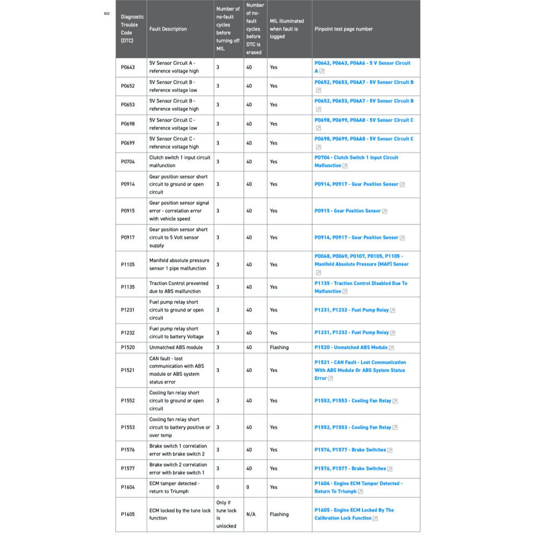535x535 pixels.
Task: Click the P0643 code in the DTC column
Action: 127,67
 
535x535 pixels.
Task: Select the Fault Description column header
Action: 168,29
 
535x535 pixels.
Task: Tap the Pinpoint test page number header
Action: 343,29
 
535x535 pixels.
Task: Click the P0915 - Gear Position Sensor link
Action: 347,211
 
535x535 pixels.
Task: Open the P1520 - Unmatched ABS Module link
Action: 351,347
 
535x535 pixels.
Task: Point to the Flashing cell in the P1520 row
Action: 279,347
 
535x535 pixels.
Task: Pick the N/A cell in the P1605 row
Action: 251,514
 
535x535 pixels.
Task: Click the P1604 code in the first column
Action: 127,487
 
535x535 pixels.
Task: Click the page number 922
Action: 107,14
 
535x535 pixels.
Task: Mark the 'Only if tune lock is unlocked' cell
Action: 226,514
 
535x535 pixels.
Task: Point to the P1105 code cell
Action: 127,264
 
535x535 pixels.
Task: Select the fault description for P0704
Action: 180,161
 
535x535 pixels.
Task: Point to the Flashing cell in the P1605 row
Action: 279,514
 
